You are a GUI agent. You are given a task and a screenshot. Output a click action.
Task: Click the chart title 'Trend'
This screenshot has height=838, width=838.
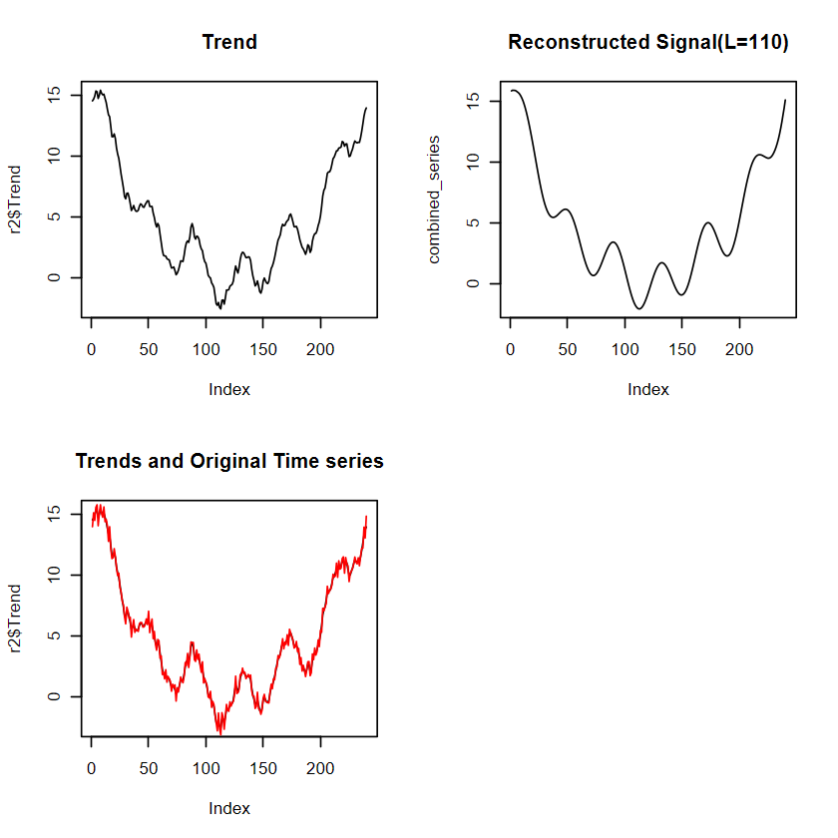pyautogui.click(x=229, y=42)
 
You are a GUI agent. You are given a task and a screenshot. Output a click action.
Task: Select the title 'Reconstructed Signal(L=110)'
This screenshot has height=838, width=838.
pyautogui.click(x=648, y=42)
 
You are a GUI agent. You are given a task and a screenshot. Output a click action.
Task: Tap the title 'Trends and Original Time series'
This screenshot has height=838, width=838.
pyautogui.click(x=229, y=461)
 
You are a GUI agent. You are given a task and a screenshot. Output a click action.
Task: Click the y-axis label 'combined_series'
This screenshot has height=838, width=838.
pyautogui.click(x=434, y=200)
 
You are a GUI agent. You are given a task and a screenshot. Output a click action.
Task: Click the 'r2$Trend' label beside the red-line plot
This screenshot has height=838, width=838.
pyautogui.click(x=15, y=619)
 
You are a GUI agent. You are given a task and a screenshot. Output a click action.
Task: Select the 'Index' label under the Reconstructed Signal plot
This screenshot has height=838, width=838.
pyautogui.click(x=648, y=389)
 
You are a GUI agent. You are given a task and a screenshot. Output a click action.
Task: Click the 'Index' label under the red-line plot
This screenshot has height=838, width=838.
pyautogui.click(x=229, y=808)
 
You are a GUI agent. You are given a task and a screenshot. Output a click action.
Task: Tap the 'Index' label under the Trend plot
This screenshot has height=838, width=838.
pyautogui.click(x=229, y=389)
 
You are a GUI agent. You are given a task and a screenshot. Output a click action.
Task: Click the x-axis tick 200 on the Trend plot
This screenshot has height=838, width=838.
pyautogui.click(x=320, y=351)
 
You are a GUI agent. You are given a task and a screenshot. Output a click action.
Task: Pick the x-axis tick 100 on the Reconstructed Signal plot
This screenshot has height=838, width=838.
pyautogui.click(x=625, y=351)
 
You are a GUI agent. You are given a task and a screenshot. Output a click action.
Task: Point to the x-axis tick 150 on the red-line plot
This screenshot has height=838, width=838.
pyautogui.click(x=263, y=770)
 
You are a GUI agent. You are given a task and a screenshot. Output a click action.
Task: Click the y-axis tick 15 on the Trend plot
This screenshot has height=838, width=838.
pyautogui.click(x=55, y=94)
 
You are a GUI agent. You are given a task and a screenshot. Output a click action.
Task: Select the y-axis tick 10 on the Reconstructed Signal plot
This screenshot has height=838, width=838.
pyautogui.click(x=474, y=162)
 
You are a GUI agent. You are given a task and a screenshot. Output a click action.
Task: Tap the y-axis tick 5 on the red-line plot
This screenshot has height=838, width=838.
pyautogui.click(x=55, y=635)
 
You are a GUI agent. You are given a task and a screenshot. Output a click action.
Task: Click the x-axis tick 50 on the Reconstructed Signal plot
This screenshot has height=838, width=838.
pyautogui.click(x=568, y=351)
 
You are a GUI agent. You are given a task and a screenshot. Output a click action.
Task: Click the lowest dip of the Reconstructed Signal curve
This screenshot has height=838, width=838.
pyautogui.click(x=638, y=308)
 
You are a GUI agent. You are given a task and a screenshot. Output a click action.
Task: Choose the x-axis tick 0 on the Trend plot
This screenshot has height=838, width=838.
pyautogui.click(x=92, y=351)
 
